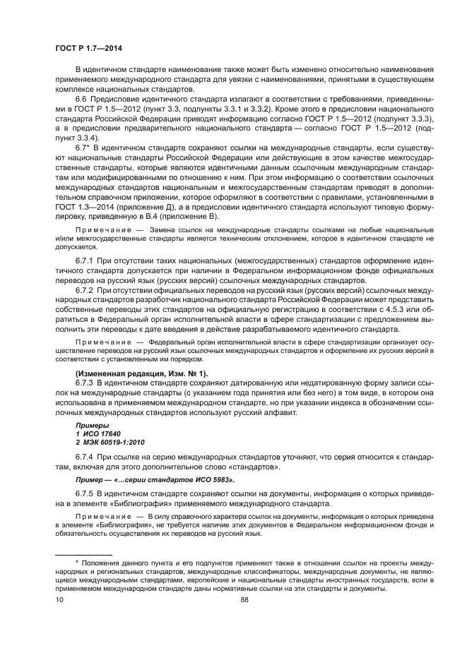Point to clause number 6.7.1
(85, 262)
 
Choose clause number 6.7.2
(85, 289)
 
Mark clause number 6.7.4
(85, 458)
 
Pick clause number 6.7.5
(85, 491)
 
